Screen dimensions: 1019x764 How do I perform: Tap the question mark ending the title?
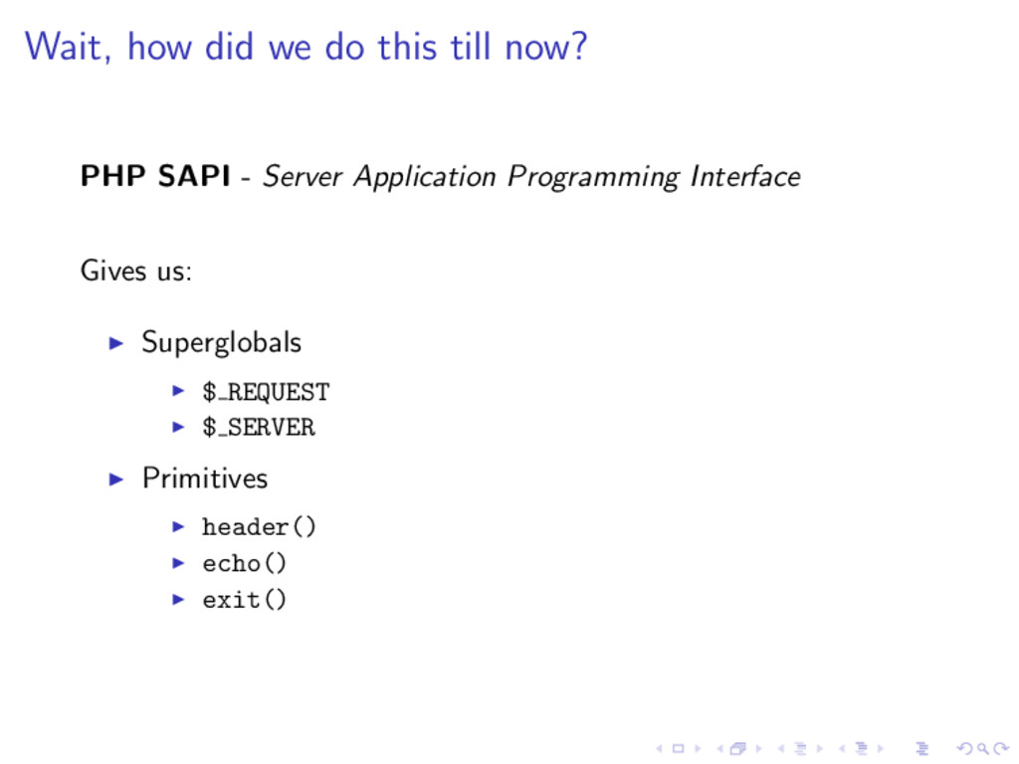[578, 46]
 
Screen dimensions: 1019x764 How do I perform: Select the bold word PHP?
[112, 175]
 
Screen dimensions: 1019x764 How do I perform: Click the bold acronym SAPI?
[194, 175]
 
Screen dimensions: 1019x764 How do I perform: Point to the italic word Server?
[303, 177]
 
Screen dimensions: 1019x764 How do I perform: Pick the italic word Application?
[424, 177]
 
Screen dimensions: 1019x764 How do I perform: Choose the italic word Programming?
[593, 177]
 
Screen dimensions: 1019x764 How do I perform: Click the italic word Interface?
[744, 176]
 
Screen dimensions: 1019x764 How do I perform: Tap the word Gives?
[113, 271]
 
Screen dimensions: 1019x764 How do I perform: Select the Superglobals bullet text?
[222, 342]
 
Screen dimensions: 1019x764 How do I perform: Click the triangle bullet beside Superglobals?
[116, 343]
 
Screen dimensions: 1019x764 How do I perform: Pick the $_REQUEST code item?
[266, 392]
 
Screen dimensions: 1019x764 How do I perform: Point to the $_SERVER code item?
[259, 427]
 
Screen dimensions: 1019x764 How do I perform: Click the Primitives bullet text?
[205, 478]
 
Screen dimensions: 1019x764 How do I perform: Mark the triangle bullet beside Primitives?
[116, 479]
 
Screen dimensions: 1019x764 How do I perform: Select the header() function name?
[260, 526]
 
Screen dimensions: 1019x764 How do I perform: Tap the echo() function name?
[245, 563]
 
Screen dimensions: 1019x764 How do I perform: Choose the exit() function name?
[245, 599]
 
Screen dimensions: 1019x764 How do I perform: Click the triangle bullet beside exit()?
[178, 599]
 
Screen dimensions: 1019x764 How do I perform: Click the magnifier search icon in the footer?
[983, 749]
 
